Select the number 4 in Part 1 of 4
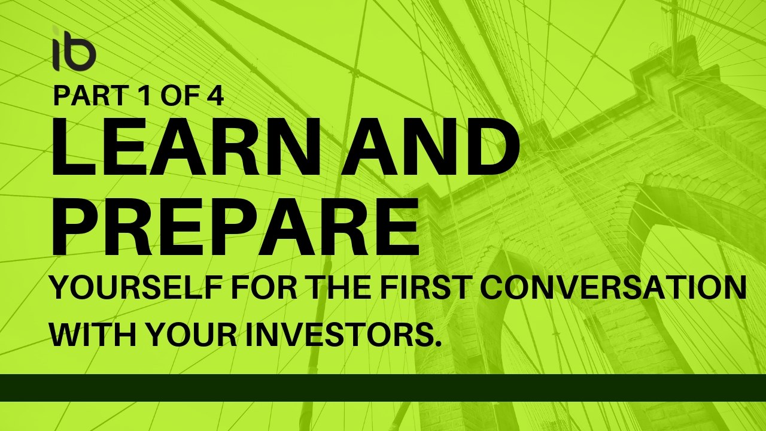(x=215, y=96)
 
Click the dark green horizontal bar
(x=383, y=387)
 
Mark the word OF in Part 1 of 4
(x=175, y=96)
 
